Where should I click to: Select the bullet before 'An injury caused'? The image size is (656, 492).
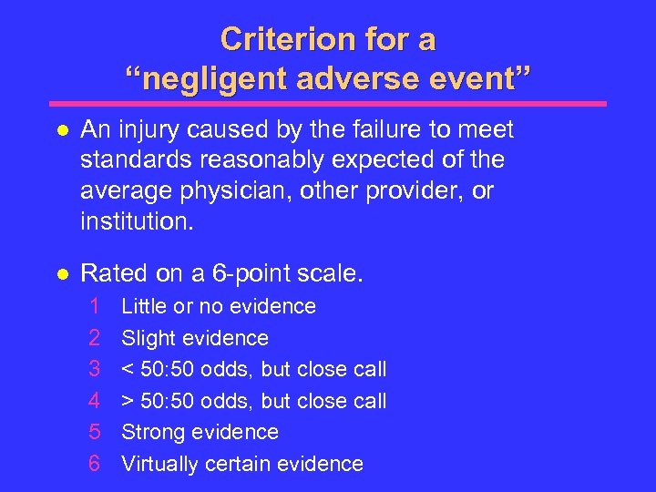(59, 131)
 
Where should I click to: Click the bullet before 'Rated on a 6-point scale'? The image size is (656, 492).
(59, 273)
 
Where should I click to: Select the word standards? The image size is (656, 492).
(128, 161)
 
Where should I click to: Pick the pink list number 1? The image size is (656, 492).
(93, 306)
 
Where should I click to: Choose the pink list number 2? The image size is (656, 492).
(94, 338)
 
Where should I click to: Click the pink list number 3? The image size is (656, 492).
(94, 369)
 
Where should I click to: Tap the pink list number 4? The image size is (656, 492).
(94, 401)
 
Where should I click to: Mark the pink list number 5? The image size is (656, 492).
(94, 432)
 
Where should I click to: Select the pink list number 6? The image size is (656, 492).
(94, 464)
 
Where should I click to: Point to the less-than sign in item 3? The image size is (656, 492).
(128, 370)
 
